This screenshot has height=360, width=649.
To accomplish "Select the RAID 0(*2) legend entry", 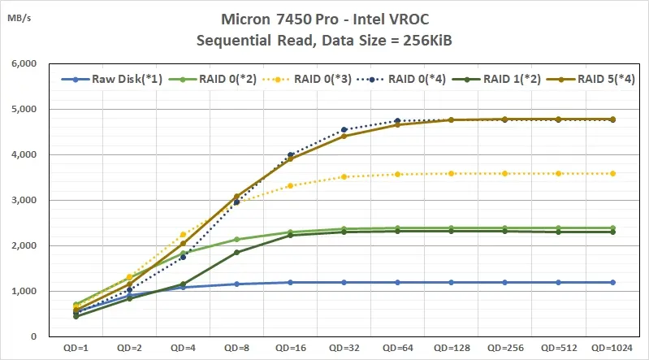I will [210, 80].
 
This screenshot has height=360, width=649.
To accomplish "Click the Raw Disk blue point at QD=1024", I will [612, 282].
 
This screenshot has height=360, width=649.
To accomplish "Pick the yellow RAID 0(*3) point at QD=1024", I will [612, 173].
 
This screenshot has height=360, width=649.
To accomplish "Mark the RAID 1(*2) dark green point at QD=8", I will [236, 252].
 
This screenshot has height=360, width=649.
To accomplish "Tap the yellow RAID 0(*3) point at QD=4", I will [183, 235].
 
